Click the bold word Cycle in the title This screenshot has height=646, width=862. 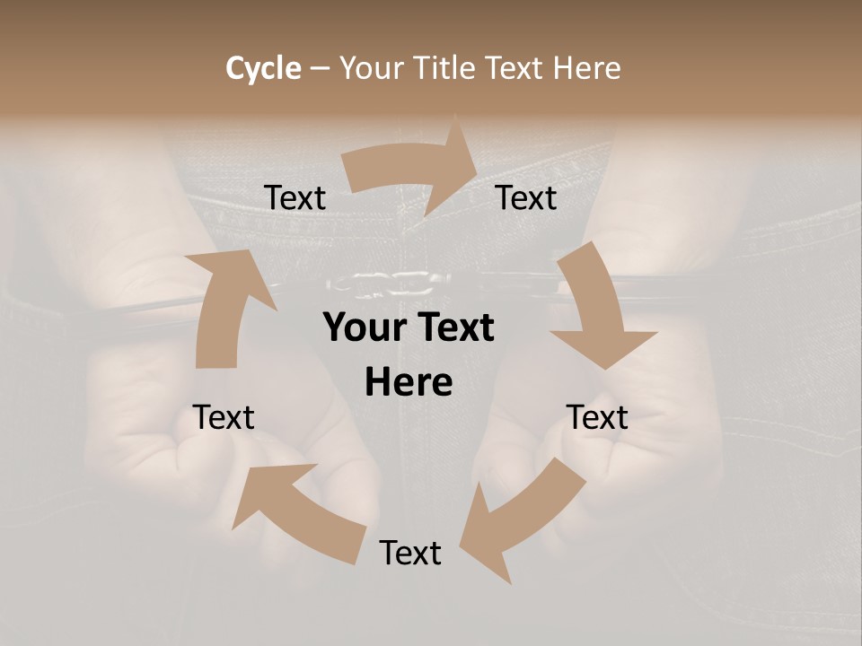point(263,68)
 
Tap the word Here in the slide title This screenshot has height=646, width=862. point(587,68)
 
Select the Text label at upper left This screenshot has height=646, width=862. point(295,197)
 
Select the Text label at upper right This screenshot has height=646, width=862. point(526,197)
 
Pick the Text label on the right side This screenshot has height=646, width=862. point(597,417)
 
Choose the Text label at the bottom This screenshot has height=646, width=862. point(410,553)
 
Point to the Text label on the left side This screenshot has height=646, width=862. point(224,417)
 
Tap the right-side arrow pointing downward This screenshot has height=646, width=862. point(598,305)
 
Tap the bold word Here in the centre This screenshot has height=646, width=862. point(409,383)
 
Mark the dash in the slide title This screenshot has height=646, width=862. point(319,68)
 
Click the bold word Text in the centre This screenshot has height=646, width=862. point(453,328)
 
